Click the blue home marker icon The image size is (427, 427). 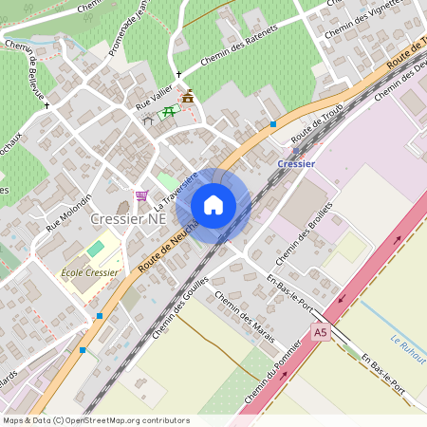pyautogui.click(x=213, y=205)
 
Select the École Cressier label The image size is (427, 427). pyautogui.click(x=89, y=272)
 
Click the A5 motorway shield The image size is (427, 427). pyautogui.click(x=321, y=333)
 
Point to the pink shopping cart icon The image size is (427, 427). pyautogui.click(x=141, y=195)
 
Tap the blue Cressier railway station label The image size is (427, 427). pyautogui.click(x=296, y=163)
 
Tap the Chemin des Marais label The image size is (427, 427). pyautogui.click(x=245, y=318)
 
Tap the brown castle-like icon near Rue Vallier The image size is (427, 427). pyautogui.click(x=188, y=96)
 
